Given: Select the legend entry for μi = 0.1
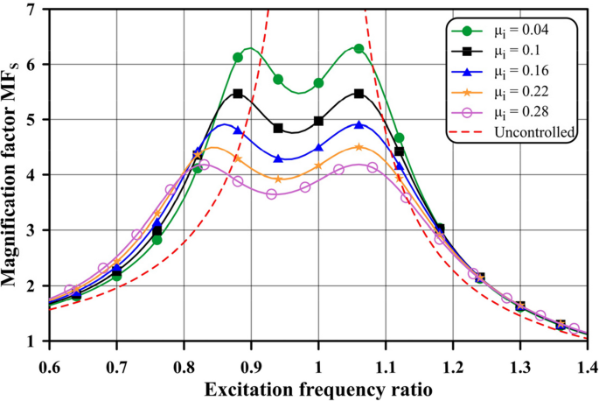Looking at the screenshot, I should pos(507,50).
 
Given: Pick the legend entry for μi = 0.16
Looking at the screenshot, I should pos(507,71).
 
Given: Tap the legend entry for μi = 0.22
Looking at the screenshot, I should pos(507,91).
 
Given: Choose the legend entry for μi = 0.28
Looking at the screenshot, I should pos(507,112).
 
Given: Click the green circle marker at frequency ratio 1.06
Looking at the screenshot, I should pos(359,49).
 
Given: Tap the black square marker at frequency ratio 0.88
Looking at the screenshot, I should pos(238,94).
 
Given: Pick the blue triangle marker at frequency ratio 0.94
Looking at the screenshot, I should pos(278,159).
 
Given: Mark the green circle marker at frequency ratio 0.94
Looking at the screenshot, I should pos(278,79).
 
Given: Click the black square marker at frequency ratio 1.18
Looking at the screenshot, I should pos(439,229).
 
